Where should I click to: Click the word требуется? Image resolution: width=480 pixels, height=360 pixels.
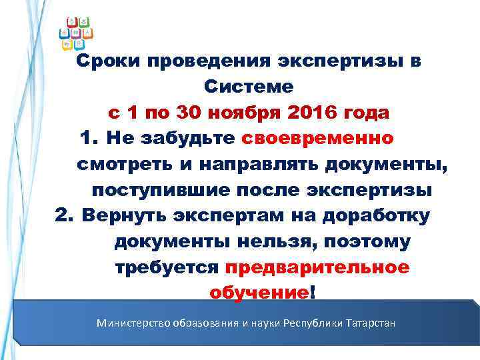[x=167, y=268]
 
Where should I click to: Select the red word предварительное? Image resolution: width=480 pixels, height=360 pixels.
[x=317, y=268]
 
